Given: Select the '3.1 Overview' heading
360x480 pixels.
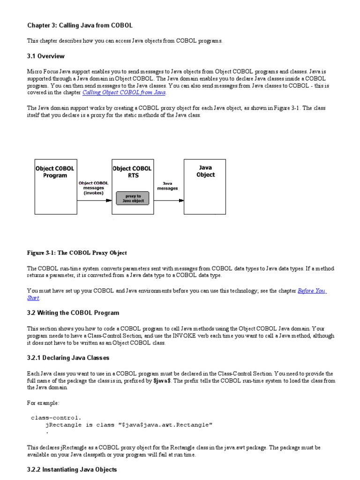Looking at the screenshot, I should [x=46, y=56].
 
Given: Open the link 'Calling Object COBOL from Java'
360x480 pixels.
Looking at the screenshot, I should [x=124, y=93].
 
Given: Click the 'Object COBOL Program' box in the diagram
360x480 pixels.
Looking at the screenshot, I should [x=55, y=172].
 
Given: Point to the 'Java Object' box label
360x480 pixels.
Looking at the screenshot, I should [x=205, y=171].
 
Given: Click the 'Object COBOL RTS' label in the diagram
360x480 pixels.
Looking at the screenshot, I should [x=132, y=172].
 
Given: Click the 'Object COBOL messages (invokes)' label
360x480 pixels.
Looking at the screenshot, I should [x=94, y=187].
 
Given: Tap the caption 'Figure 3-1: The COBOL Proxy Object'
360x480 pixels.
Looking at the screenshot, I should [x=77, y=253].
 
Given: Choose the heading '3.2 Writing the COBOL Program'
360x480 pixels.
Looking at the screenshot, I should [x=73, y=313].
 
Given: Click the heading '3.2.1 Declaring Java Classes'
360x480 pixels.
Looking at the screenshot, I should [x=68, y=358].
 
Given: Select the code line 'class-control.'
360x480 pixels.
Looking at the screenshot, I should [x=56, y=417].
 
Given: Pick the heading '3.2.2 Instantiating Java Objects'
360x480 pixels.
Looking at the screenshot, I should [x=72, y=469].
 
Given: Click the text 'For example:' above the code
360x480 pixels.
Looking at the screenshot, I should [x=43, y=403].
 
